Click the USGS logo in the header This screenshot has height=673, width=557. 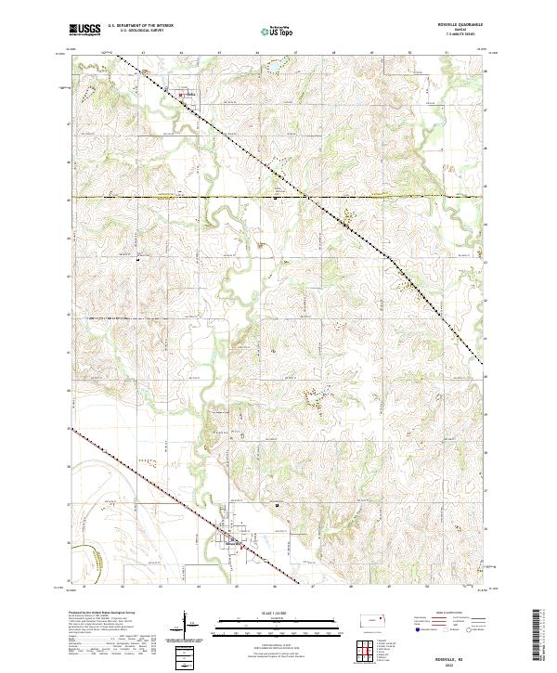click(85, 30)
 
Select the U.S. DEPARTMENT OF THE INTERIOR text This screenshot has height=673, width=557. click(140, 25)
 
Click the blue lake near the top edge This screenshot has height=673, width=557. click(276, 68)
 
